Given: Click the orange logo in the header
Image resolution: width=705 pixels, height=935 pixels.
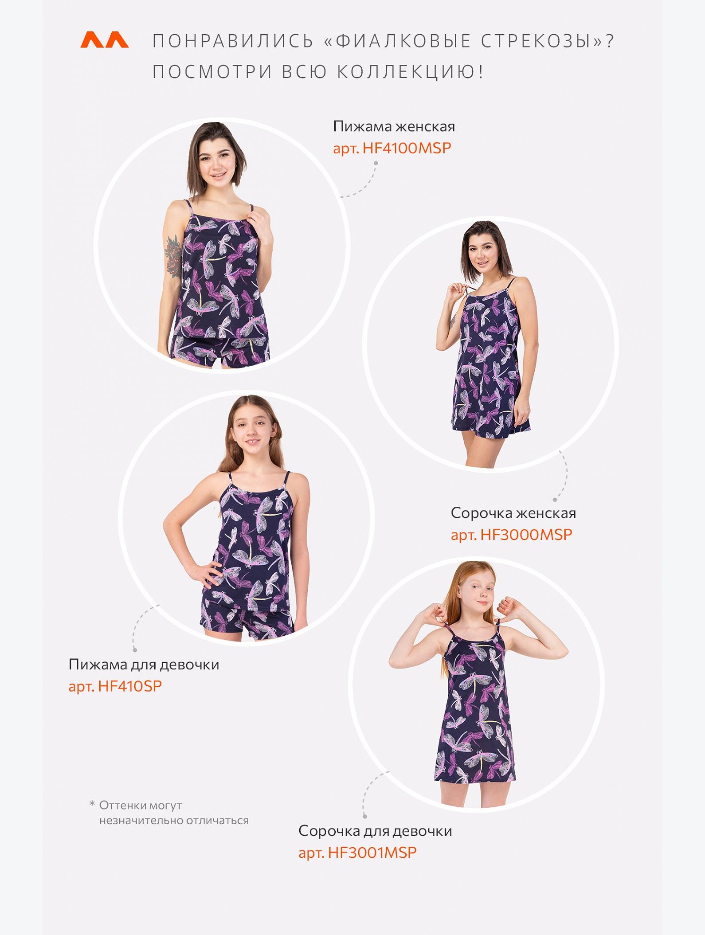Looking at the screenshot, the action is (x=104, y=39).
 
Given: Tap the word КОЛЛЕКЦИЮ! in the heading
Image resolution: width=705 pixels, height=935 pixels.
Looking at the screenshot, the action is (x=410, y=72).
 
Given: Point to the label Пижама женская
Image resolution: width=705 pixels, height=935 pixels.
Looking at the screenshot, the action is (x=394, y=126).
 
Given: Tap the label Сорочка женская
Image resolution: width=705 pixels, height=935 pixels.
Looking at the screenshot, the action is (x=513, y=513).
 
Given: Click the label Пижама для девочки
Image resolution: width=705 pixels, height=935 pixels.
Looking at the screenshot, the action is (x=144, y=665).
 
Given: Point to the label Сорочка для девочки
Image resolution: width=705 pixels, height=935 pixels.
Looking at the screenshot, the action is (x=375, y=831).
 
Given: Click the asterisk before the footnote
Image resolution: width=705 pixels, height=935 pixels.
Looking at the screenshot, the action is (x=92, y=803).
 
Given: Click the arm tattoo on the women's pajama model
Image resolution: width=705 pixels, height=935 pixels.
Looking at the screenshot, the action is (x=173, y=257).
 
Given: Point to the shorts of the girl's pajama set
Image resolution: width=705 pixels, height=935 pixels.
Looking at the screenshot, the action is (x=247, y=619).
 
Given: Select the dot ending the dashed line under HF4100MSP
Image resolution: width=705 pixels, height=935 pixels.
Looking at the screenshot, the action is (x=376, y=163).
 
